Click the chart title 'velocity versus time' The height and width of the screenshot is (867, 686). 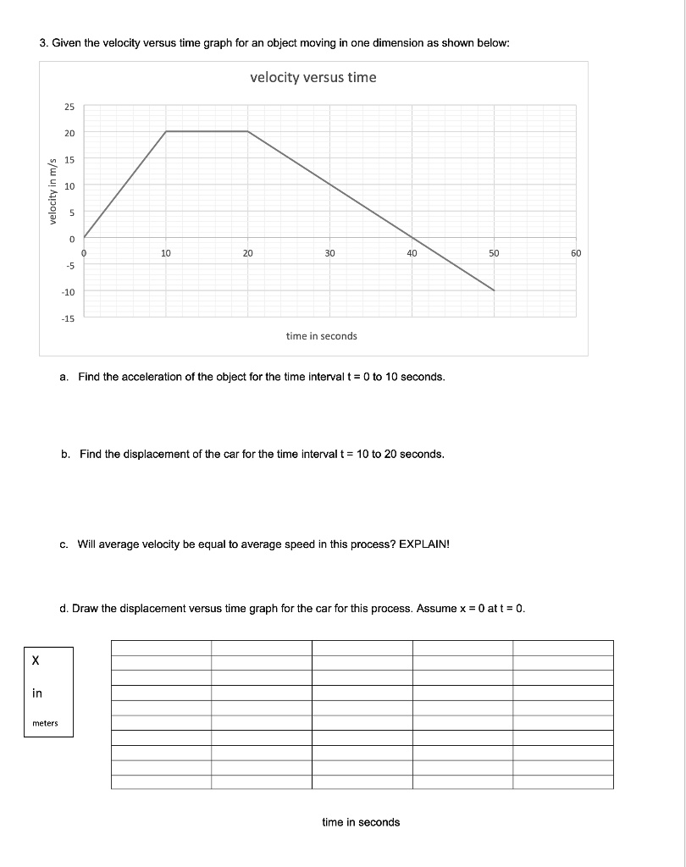(313, 78)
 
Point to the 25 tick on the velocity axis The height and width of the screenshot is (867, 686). (69, 107)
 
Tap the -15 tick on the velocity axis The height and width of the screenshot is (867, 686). (68, 318)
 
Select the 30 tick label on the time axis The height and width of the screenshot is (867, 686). (329, 253)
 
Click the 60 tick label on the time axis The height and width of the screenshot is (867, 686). (576, 253)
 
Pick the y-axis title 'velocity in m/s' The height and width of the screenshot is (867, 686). (53, 191)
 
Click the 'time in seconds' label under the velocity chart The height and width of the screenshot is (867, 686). (322, 336)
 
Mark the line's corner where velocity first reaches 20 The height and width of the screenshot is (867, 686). (166, 131)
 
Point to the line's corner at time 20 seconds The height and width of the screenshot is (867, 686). (248, 131)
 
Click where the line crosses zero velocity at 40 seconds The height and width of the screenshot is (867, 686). (412, 238)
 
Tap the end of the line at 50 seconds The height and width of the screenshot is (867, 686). (495, 290)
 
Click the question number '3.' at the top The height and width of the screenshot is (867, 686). (44, 44)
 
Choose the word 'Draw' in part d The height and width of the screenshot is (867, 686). (86, 608)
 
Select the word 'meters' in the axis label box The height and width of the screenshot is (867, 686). (45, 723)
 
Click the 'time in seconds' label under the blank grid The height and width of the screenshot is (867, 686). (361, 822)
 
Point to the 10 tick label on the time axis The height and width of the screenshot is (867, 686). (166, 253)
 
